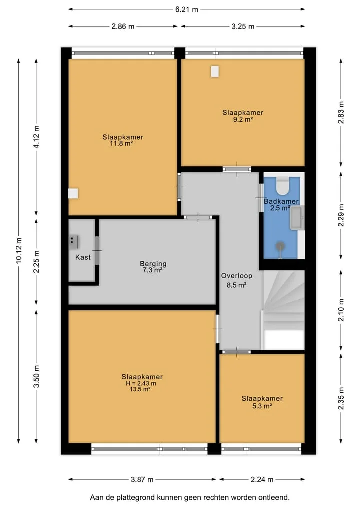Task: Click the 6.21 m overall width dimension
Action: (x=187, y=9)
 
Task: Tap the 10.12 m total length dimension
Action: (x=19, y=250)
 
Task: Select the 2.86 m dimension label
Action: (x=123, y=26)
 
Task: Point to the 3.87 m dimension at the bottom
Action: (x=142, y=479)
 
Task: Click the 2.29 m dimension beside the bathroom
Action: (x=341, y=215)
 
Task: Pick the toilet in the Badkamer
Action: (x=283, y=185)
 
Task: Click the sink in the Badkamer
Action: (x=297, y=217)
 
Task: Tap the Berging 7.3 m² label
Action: (x=153, y=267)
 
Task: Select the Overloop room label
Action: (x=237, y=276)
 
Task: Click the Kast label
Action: (x=83, y=257)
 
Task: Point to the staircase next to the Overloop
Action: (x=283, y=310)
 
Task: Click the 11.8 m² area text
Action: (x=121, y=143)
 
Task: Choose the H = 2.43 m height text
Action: (x=141, y=383)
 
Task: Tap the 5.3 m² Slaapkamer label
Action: (x=262, y=402)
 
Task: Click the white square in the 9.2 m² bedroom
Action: (x=215, y=71)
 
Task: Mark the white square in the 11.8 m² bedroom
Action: (x=73, y=193)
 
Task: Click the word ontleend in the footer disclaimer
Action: (x=274, y=497)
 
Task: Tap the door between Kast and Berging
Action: (x=96, y=250)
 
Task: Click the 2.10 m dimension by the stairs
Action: (x=341, y=310)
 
